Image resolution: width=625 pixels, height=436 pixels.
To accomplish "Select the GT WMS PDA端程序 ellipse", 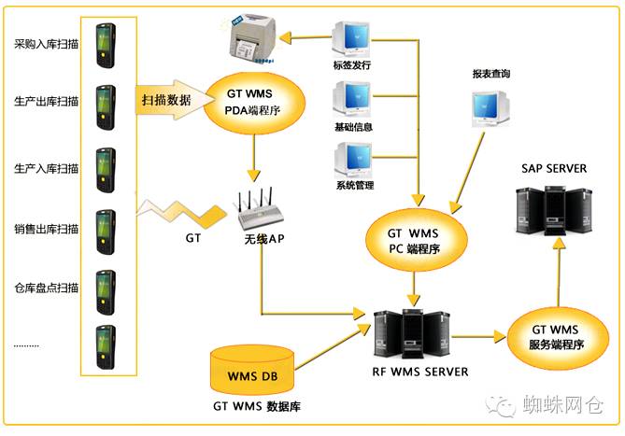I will click(x=253, y=102).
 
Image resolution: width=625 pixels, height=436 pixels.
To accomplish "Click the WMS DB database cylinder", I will click(x=249, y=372).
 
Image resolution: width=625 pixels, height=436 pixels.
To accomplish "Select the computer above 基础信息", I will click(x=352, y=98).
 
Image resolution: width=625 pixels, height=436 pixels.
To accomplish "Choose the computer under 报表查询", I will click(x=492, y=108).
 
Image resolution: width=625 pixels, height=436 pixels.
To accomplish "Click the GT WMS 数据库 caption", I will click(x=255, y=407).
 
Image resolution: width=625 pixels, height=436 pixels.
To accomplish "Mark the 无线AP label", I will click(x=264, y=239).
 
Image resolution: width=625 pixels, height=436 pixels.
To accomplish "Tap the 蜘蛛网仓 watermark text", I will click(x=563, y=404).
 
